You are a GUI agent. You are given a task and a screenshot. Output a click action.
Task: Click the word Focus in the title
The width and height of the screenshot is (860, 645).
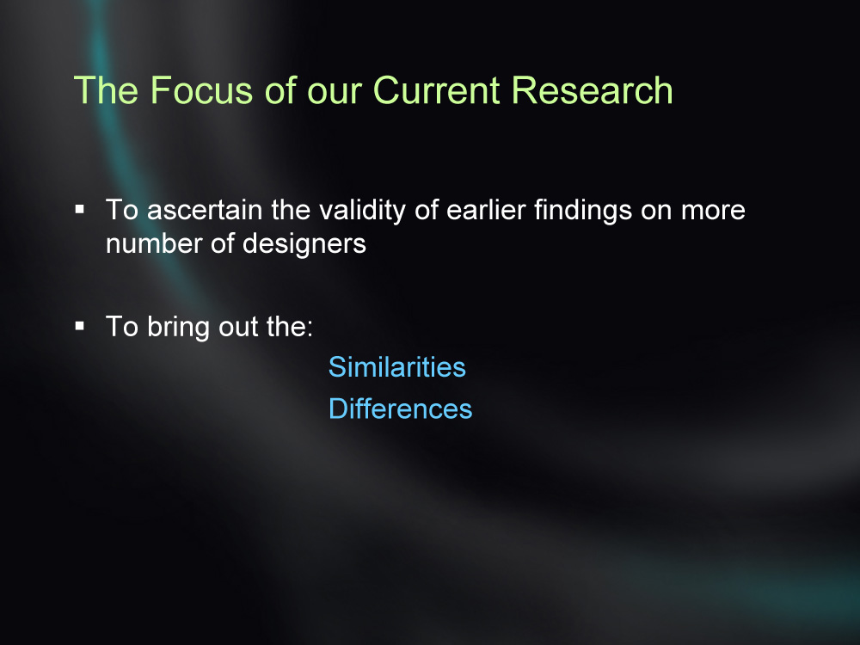(x=201, y=90)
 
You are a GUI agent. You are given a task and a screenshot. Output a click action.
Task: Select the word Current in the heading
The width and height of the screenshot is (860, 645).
(x=437, y=90)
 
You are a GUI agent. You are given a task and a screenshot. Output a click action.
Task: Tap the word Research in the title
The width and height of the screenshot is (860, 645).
(x=592, y=90)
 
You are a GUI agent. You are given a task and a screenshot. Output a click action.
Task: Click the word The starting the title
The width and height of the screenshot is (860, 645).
(x=106, y=90)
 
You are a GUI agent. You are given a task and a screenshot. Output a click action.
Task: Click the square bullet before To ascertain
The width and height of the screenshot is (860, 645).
(x=80, y=209)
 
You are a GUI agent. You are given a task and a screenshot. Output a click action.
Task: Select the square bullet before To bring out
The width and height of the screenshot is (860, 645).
(x=80, y=326)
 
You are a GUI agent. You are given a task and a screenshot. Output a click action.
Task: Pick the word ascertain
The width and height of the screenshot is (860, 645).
(x=205, y=210)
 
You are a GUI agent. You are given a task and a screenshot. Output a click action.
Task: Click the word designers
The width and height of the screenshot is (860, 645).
(x=304, y=244)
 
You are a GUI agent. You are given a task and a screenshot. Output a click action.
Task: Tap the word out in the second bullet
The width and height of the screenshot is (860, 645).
(x=238, y=328)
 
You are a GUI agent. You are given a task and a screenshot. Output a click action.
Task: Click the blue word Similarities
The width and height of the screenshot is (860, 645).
(x=397, y=367)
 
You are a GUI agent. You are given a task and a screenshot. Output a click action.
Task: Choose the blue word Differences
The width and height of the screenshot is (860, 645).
(x=401, y=408)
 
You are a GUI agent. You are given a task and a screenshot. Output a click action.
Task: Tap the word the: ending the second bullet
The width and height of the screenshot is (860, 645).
(x=290, y=327)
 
